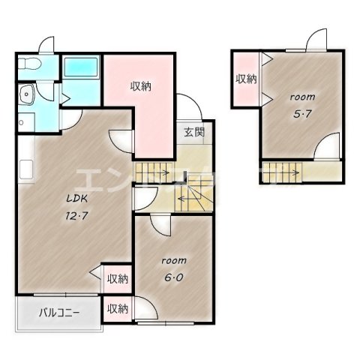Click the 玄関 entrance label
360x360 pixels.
coord(193,133)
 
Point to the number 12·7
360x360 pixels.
coord(73,216)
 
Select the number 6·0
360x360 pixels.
coord(172,276)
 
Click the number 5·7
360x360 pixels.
coord(300,113)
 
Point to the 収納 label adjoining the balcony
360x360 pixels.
coord(116,308)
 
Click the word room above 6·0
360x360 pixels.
coord(172,260)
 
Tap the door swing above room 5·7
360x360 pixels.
coord(316,39)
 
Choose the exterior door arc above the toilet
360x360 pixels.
coord(47,43)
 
